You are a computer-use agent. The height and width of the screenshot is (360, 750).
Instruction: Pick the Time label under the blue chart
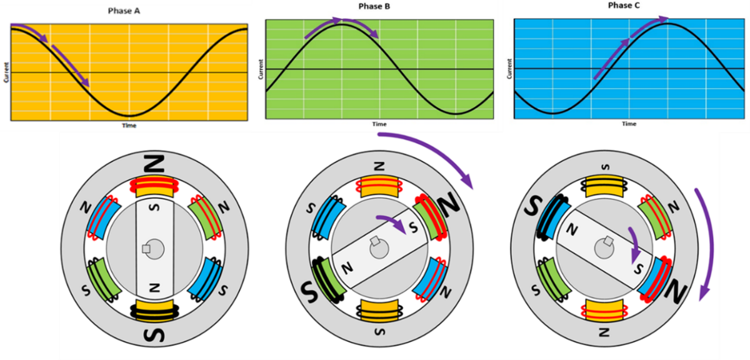click(x=629, y=124)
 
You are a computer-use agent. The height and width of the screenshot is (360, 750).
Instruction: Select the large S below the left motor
click(x=154, y=335)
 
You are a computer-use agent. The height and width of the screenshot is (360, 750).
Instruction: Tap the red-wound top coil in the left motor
click(x=152, y=186)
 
